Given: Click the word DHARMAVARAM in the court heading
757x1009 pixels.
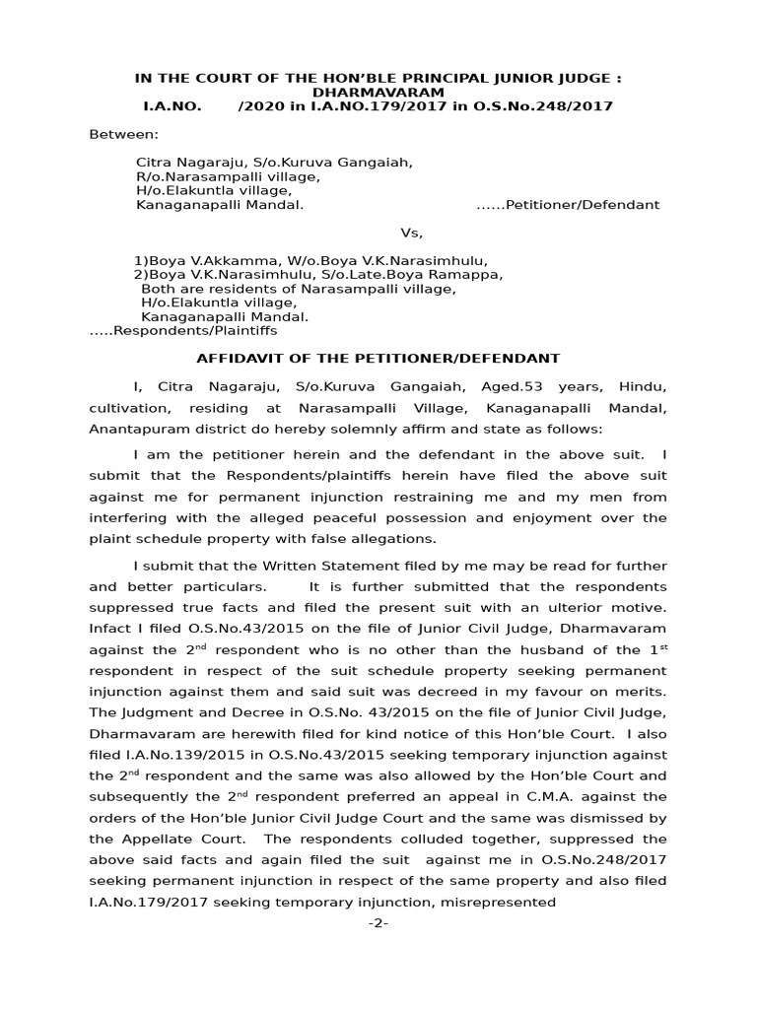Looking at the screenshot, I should pos(378,92).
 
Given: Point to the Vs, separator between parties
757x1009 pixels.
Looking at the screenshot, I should pos(411,234).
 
